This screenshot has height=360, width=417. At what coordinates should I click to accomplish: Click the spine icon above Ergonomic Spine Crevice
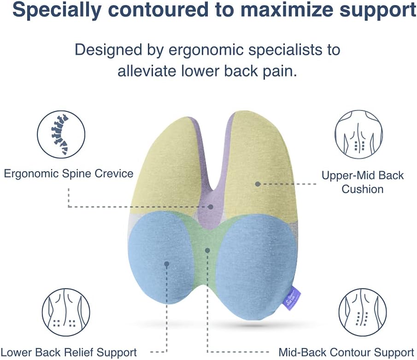click(x=61, y=134)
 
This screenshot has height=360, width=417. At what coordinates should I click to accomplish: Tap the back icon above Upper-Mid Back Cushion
click(x=358, y=134)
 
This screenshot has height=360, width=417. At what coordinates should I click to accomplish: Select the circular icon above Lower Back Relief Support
click(x=66, y=312)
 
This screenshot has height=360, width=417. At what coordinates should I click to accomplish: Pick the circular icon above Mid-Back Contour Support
click(x=363, y=312)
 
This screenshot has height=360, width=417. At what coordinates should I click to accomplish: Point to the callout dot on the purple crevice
click(x=211, y=207)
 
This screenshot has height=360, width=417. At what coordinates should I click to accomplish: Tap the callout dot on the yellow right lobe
click(x=258, y=184)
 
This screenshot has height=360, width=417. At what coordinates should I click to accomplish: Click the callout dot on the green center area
click(x=208, y=250)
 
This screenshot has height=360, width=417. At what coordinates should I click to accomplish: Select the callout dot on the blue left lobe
click(x=166, y=264)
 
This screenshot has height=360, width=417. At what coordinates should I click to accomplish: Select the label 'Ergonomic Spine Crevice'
click(x=69, y=174)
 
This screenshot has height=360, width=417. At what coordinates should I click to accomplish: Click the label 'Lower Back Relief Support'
click(x=69, y=353)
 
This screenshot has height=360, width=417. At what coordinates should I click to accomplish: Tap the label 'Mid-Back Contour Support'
click(x=346, y=353)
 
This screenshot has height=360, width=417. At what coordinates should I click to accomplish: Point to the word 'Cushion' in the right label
click(x=362, y=189)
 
